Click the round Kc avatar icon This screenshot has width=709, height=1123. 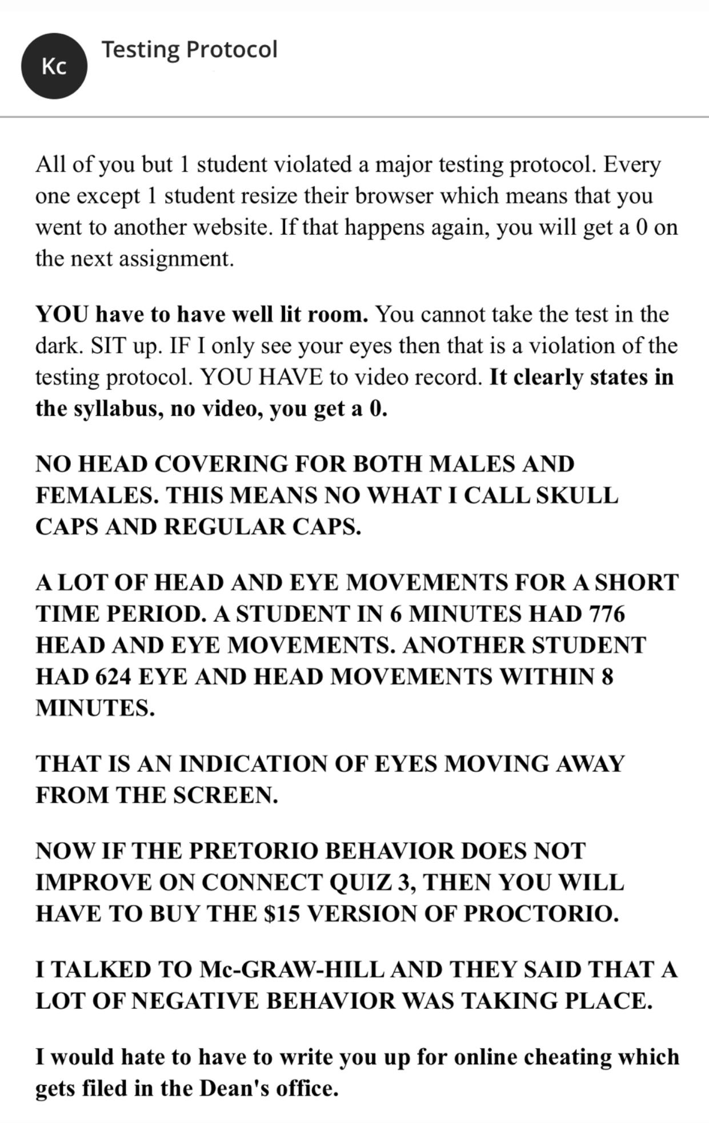pyautogui.click(x=54, y=66)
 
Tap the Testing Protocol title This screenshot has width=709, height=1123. pyautogui.click(x=189, y=50)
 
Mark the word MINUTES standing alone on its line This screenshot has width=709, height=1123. pyautogui.click(x=95, y=709)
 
